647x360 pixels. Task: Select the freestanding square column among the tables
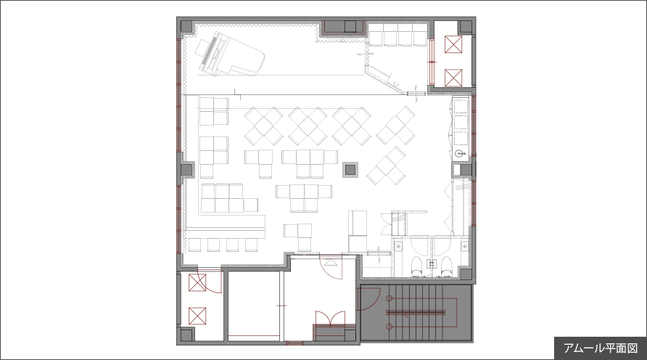pyautogui.click(x=350, y=169)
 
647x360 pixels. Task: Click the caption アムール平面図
pyautogui.click(x=601, y=348)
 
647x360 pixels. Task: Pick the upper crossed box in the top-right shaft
pyautogui.click(x=453, y=44)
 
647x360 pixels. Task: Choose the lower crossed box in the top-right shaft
pyautogui.click(x=453, y=78)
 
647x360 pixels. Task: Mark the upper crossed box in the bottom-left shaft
pyautogui.click(x=197, y=283)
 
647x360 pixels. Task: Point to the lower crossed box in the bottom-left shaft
pyautogui.click(x=197, y=316)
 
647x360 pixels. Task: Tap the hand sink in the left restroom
pyautogui.click(x=398, y=247)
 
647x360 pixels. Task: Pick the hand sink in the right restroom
pyautogui.click(x=465, y=247)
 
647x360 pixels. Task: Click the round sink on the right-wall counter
pyautogui.click(x=459, y=155)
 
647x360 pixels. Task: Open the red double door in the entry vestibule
pyautogui.click(x=330, y=319)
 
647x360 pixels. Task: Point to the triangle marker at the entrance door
pyautogui.click(x=331, y=262)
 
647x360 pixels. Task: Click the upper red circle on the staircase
pyautogui.click(x=389, y=298)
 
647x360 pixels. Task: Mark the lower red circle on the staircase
pyautogui.click(x=389, y=327)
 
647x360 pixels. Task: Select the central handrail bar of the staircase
pyautogui.click(x=416, y=312)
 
